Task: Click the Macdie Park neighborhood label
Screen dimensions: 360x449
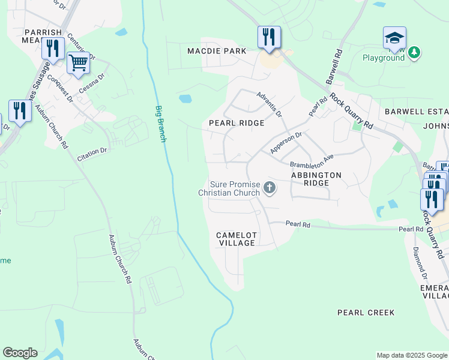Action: (x=217, y=51)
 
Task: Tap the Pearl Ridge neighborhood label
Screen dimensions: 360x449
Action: (x=237, y=123)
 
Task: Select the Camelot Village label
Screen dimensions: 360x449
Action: (x=237, y=239)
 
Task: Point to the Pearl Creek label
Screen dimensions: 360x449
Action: (x=366, y=313)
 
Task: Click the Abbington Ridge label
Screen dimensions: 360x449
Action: (x=316, y=179)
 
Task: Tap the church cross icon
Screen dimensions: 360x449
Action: (x=270, y=188)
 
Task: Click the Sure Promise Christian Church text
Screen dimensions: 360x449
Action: (x=229, y=188)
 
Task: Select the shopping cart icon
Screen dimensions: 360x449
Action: (x=79, y=62)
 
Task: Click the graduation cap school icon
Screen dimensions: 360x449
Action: (x=394, y=38)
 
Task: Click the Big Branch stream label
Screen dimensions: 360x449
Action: (x=160, y=124)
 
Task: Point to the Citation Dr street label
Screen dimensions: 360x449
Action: (x=92, y=155)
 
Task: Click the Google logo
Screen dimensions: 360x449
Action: (x=20, y=353)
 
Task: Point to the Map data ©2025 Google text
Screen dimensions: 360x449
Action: (x=411, y=355)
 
